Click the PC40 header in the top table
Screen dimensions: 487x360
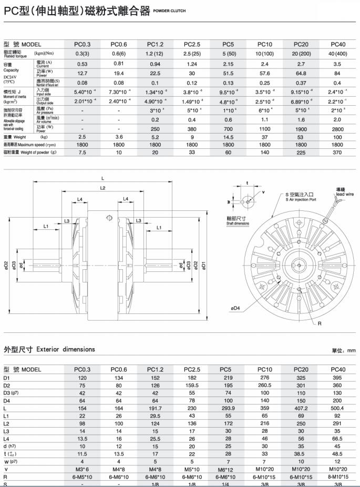click(x=337, y=45)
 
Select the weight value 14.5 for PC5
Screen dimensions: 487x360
click(x=228, y=137)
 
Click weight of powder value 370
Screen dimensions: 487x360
click(x=337, y=153)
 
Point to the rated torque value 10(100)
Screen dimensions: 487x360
click(x=264, y=54)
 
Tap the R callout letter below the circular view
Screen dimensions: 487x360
click(x=318, y=324)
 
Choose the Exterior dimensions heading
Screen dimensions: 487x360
click(x=49, y=349)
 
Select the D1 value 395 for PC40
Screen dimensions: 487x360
click(x=337, y=378)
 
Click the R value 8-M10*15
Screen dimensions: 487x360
click(x=337, y=476)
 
